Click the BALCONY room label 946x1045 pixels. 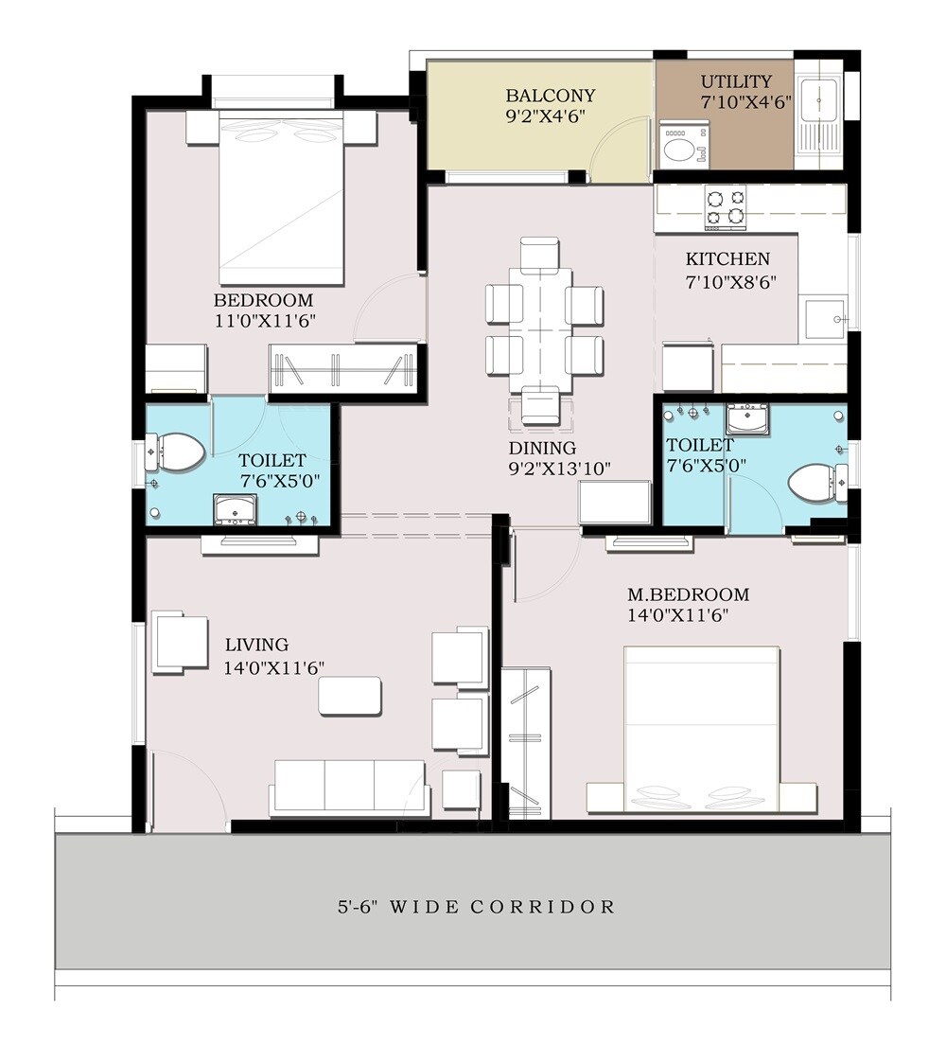click(x=550, y=96)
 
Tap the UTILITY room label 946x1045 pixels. click(x=735, y=81)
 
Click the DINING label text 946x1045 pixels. click(x=542, y=448)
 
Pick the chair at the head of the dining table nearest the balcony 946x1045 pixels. click(x=540, y=254)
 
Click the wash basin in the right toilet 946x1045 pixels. click(x=747, y=417)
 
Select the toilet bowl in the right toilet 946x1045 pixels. click(x=811, y=481)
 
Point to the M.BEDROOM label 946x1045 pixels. click(x=688, y=594)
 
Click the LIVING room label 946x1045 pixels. click(x=256, y=645)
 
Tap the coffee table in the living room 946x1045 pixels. click(x=350, y=696)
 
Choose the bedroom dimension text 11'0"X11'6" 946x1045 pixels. click(x=264, y=321)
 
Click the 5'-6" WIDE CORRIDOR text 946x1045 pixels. click(x=476, y=907)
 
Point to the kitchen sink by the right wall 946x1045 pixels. click(x=821, y=312)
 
